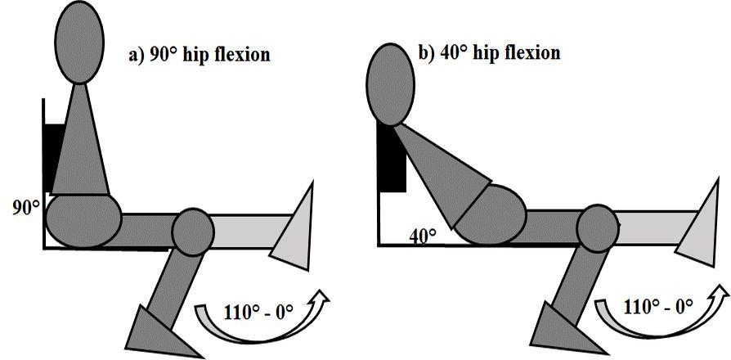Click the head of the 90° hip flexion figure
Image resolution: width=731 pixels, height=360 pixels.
[x=79, y=41]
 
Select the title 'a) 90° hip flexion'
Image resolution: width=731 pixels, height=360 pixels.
[x=200, y=56]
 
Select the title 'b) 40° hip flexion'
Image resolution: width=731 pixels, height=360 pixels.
[x=489, y=52]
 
